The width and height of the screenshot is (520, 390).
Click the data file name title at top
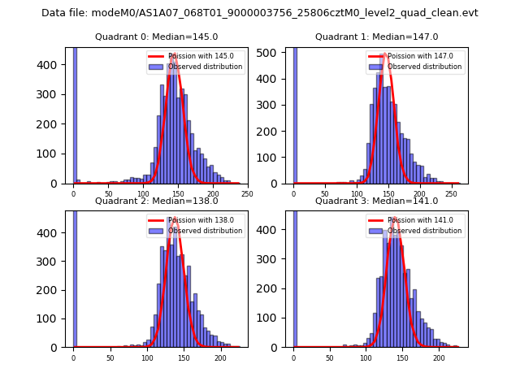(x=260, y=13)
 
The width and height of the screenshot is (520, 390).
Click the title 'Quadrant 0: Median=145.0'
(x=156, y=37)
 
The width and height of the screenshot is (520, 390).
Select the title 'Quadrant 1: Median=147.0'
(x=376, y=37)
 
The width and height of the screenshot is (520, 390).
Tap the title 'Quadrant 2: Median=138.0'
(x=156, y=201)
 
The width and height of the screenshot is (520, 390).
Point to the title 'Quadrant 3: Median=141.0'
(x=376, y=201)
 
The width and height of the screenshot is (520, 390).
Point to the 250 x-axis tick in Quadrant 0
(x=247, y=193)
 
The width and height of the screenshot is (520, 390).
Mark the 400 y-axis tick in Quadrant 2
(x=52, y=233)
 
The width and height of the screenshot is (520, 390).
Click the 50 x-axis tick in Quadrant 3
(x=330, y=357)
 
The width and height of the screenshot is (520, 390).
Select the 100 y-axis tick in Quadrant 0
(x=52, y=154)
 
